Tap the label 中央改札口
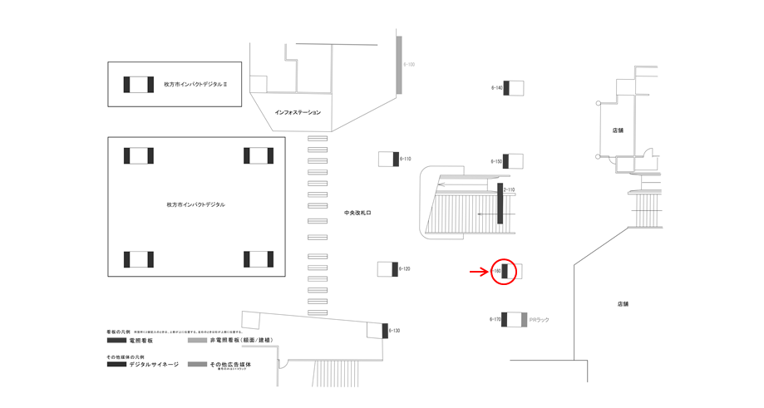[357, 214]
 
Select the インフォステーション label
[298, 112]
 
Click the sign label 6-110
[406, 158]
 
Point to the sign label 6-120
[406, 269]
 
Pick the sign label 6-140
[496, 87]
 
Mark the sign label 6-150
[496, 161]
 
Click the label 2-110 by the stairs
[509, 190]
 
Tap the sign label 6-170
[495, 319]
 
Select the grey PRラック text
[539, 319]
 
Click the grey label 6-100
[409, 64]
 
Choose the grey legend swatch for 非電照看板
[197, 341]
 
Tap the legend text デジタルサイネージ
[154, 365]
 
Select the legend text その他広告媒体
[230, 365]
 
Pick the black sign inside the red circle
[504, 271]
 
